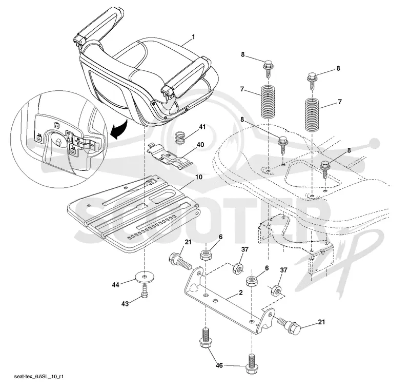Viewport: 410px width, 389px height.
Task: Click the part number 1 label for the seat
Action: click(x=193, y=37)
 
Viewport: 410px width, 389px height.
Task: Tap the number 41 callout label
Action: click(x=202, y=127)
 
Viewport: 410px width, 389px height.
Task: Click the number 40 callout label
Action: click(x=200, y=145)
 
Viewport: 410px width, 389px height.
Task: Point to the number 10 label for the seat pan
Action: click(x=199, y=177)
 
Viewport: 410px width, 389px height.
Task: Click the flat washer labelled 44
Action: click(x=145, y=277)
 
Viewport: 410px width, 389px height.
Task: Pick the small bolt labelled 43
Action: click(x=145, y=291)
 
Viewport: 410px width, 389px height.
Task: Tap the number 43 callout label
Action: click(x=125, y=304)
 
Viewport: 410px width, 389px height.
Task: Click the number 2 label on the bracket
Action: click(x=240, y=293)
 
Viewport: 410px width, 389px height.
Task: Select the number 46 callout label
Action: click(x=219, y=365)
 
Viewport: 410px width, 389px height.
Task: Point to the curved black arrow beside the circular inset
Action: click(x=119, y=129)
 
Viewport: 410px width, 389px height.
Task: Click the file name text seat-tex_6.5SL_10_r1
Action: click(x=39, y=377)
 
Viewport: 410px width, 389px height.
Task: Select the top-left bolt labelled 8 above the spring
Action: click(x=268, y=68)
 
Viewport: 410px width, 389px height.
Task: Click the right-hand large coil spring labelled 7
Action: click(x=313, y=114)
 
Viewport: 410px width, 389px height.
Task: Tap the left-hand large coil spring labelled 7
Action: click(x=268, y=102)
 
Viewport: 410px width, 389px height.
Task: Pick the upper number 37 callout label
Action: click(x=245, y=249)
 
